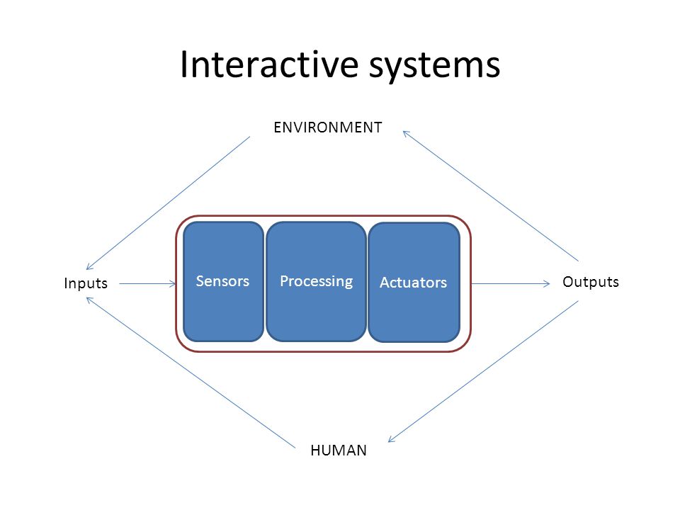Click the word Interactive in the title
(269, 64)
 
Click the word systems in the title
(434, 67)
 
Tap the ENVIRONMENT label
(328, 127)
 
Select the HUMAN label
(339, 450)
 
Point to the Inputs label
(86, 283)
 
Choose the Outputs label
(591, 282)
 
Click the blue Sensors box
(223, 281)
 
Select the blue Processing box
(316, 281)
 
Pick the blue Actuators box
(414, 283)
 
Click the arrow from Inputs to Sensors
(147, 284)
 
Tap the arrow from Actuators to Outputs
(511, 284)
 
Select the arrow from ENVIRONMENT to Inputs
(168, 203)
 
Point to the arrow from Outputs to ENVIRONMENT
(490, 195)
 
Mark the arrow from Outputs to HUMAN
(483, 371)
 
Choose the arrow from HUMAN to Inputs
(191, 373)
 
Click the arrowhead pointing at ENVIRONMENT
(406, 133)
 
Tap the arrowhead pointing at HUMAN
(391, 439)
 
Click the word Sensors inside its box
(222, 281)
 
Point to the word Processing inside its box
(316, 281)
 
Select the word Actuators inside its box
(413, 283)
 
